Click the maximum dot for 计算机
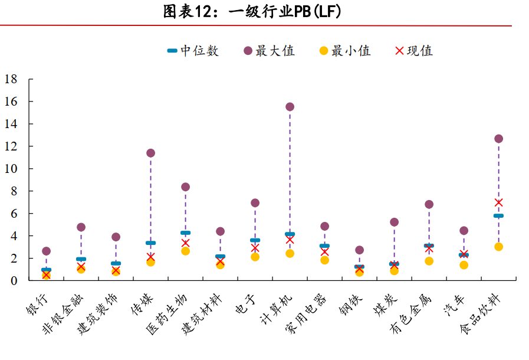click(x=290, y=107)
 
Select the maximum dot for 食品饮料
click(x=498, y=139)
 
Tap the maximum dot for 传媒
click(x=150, y=153)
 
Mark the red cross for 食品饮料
click(x=498, y=202)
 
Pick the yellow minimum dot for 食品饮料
click(x=498, y=247)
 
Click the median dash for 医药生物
click(x=185, y=233)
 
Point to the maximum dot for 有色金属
click(x=429, y=204)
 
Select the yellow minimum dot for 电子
click(x=255, y=257)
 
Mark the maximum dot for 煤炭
click(x=394, y=222)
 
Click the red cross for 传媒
click(x=150, y=257)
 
